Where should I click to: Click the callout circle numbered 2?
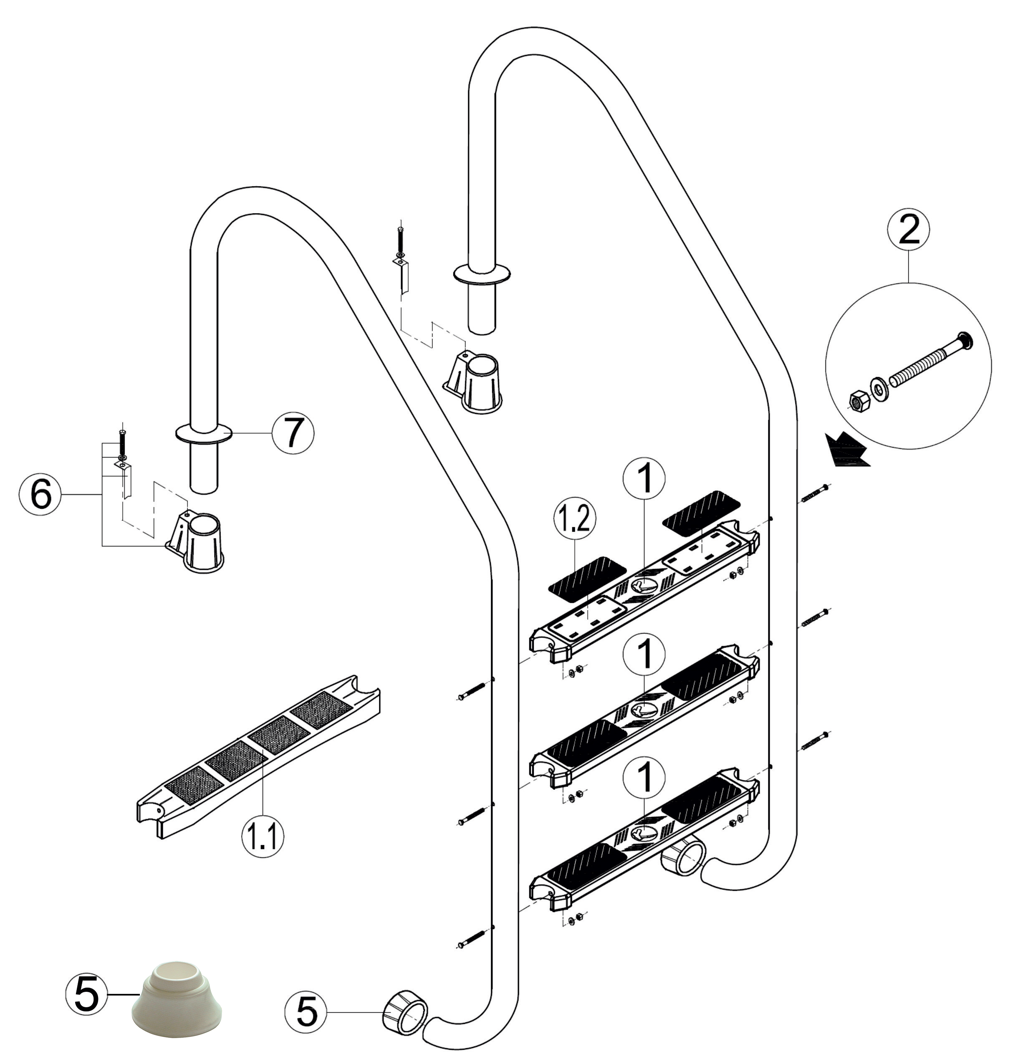click(x=909, y=232)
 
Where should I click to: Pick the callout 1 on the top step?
click(x=644, y=479)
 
